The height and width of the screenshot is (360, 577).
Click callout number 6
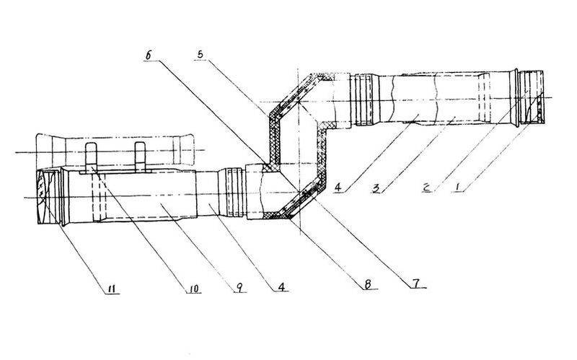tap(149, 56)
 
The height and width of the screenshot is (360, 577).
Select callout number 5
tap(201, 54)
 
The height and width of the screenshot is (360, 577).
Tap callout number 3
tap(376, 188)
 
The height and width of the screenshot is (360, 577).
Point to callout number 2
tap(427, 188)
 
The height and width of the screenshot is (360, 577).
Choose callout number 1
tap(458, 187)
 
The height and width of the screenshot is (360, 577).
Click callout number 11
tap(112, 289)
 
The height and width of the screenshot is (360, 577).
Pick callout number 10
tap(193, 289)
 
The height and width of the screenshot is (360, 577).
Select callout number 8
tap(368, 284)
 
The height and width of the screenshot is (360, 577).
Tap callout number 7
tap(415, 283)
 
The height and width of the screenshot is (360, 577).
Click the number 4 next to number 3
tap(338, 188)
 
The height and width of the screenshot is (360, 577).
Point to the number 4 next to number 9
tap(281, 286)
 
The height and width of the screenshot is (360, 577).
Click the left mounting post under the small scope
tap(92, 157)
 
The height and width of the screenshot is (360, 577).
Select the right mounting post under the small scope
tap(140, 157)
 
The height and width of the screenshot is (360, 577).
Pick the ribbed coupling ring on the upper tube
tap(364, 100)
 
